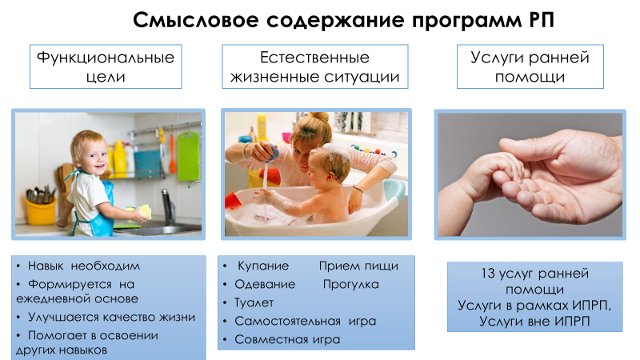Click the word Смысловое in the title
click(196, 20)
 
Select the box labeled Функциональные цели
click(106, 66)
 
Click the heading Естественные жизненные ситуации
click(314, 66)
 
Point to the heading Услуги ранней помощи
click(530, 66)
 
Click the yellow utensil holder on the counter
click(41, 210)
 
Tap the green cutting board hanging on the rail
click(188, 156)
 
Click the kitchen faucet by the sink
click(168, 206)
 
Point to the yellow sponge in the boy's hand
click(144, 212)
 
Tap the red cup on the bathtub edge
click(234, 201)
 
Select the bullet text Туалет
click(254, 303)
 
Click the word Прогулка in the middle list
click(351, 285)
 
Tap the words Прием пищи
click(358, 266)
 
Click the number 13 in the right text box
click(488, 274)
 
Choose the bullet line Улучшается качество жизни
click(111, 317)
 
